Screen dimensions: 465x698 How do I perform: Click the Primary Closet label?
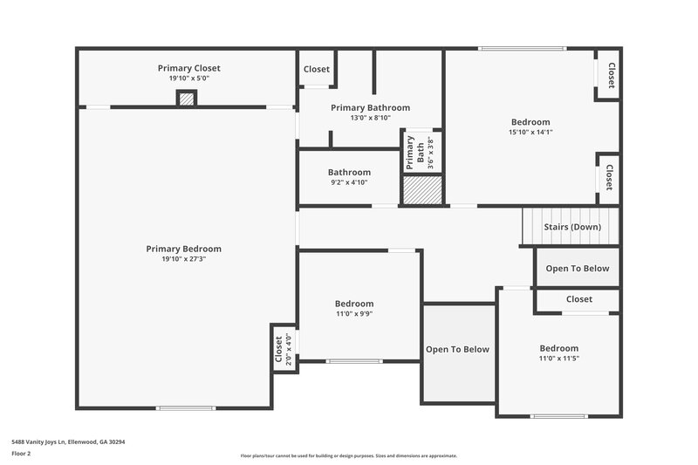[188, 68]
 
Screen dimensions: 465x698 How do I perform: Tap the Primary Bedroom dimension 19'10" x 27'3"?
[183, 258]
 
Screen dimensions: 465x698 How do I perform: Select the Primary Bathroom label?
[370, 107]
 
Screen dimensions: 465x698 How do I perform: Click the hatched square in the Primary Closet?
[186, 99]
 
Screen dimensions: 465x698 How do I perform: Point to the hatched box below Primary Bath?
[423, 190]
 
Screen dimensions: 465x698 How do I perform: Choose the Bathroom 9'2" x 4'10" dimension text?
[349, 182]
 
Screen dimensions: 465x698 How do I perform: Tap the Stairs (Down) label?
[572, 227]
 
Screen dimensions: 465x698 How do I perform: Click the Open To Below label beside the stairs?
[578, 269]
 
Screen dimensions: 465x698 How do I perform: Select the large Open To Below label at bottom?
[457, 350]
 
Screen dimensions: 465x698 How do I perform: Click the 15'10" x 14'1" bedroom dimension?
[530, 132]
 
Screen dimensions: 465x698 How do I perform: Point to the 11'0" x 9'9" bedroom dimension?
[354, 314]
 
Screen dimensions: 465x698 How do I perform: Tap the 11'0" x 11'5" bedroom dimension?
[558, 359]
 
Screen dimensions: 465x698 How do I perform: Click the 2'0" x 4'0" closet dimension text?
[288, 348]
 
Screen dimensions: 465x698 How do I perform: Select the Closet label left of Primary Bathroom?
[316, 70]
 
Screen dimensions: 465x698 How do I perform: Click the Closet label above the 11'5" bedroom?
[578, 299]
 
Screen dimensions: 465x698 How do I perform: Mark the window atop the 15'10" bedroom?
[509, 48]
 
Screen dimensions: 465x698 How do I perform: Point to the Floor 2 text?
[22, 454]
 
